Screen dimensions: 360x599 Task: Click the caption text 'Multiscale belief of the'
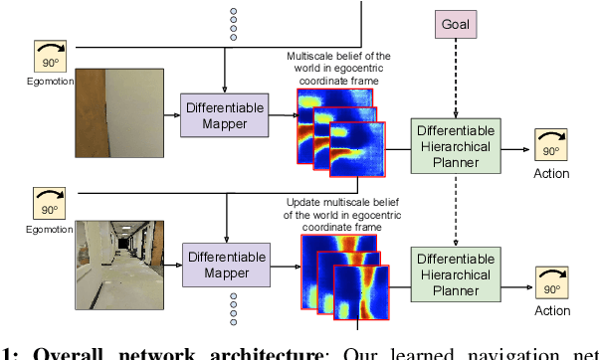pos(339,58)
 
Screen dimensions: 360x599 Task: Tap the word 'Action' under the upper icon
pos(551,173)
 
